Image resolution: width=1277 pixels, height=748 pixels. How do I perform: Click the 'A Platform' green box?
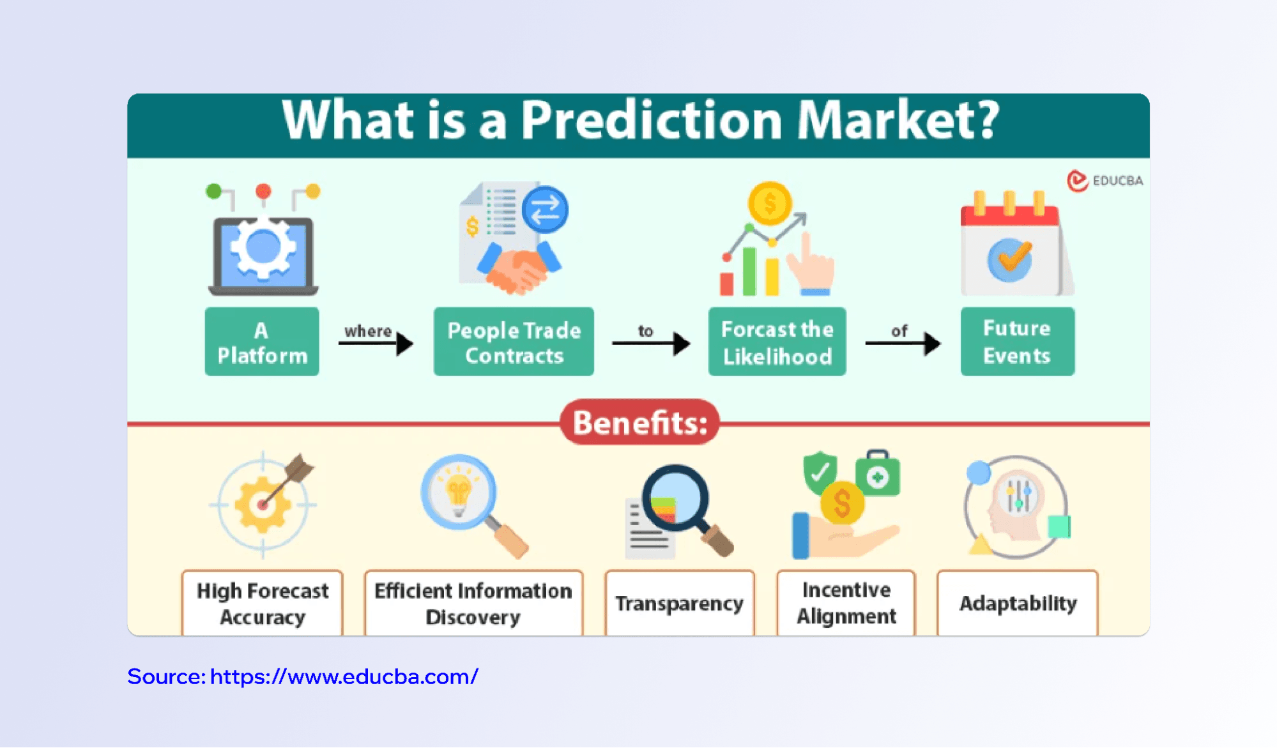(262, 342)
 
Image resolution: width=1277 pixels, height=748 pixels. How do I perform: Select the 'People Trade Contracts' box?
(514, 342)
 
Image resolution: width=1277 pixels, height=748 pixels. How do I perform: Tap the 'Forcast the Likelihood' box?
(777, 342)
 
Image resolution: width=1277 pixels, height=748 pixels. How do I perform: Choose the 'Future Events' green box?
(1017, 342)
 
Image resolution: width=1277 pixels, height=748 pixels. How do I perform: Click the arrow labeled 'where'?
(376, 344)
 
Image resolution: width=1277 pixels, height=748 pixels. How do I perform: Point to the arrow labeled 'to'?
(651, 344)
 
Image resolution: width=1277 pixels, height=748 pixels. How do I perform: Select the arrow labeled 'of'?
(903, 344)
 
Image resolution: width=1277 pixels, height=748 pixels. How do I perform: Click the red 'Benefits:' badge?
(640, 422)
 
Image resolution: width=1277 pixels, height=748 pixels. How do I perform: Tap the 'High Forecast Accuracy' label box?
(263, 603)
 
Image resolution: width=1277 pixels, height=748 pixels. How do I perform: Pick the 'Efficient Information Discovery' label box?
(473, 603)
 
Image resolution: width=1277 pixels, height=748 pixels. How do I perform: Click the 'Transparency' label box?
(680, 603)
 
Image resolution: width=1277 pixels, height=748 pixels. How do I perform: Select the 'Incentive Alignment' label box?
(846, 603)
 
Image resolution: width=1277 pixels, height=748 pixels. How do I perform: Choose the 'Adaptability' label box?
(1018, 603)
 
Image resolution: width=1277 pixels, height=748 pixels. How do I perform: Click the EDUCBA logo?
(1105, 181)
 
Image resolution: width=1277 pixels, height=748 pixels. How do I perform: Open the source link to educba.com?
(303, 676)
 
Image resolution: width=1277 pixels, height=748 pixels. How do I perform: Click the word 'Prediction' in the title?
(652, 120)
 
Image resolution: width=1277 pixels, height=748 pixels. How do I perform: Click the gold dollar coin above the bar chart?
(770, 204)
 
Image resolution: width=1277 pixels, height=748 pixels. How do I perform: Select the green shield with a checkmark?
(820, 473)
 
